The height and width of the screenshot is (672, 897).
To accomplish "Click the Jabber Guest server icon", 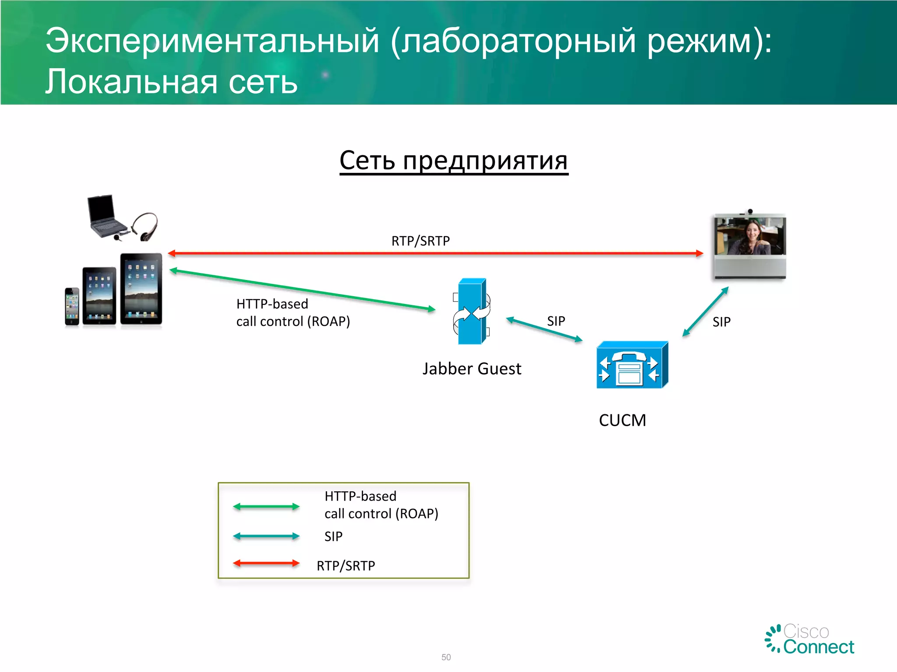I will coord(471,311).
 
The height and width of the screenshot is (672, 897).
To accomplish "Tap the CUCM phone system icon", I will coord(632,365).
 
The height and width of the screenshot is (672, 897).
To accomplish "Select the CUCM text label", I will coord(622,420).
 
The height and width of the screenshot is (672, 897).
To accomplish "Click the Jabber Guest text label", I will coord(472,369).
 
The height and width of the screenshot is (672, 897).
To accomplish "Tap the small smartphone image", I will coord(72,306).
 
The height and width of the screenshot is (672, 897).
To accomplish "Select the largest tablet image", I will coord(141,289).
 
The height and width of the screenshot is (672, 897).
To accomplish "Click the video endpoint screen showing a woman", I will coord(750,237).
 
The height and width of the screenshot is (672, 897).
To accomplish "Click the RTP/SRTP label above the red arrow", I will coord(420,241).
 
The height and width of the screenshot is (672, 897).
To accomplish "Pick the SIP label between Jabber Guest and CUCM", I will coord(556,321).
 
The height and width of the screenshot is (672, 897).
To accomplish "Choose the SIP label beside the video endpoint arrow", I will coord(721,322).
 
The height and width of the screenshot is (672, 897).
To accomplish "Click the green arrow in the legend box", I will coord(266,507).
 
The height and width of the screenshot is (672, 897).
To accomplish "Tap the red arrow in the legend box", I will coord(266,563).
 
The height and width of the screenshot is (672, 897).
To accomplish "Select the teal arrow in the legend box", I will coord(266,536).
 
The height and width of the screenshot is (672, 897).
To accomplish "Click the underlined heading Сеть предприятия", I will coord(454,161).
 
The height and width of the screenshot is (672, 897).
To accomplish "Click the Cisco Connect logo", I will coord(810,639).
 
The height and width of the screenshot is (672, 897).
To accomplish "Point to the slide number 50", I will coord(446,657).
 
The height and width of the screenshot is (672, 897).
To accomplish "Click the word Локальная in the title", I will coord(131,82).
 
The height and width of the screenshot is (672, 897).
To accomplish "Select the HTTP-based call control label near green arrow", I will coord(293,312).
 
